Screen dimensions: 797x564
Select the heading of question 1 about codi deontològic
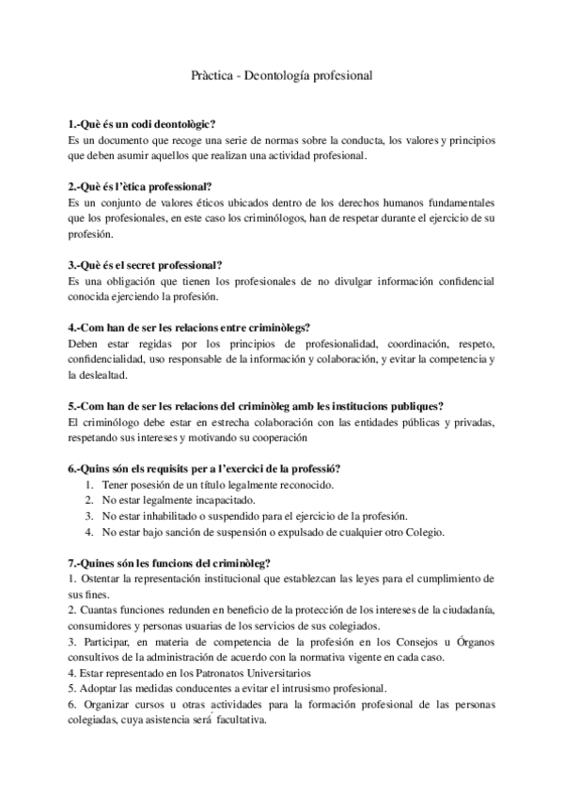142,124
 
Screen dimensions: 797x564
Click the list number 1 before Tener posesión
88,485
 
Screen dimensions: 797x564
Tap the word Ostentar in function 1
102,578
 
